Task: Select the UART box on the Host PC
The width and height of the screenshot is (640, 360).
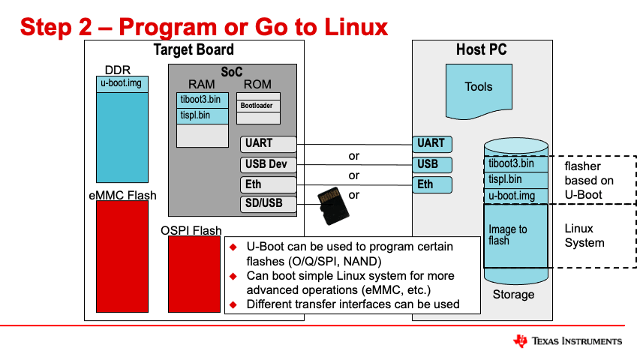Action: click(x=431, y=143)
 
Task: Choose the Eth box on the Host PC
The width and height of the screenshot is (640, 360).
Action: click(x=431, y=184)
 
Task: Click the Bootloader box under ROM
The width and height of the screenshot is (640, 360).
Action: click(x=258, y=106)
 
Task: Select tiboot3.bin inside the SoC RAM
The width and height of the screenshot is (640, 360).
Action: click(x=202, y=99)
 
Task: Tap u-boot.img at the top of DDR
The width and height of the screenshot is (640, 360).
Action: click(x=122, y=83)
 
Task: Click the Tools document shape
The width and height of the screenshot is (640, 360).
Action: click(x=479, y=88)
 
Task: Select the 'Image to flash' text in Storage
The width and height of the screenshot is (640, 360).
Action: click(x=508, y=235)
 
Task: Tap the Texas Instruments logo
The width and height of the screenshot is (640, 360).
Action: click(x=567, y=341)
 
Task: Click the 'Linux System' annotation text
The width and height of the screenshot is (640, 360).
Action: click(x=584, y=235)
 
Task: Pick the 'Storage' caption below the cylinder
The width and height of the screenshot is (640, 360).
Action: click(x=513, y=295)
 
